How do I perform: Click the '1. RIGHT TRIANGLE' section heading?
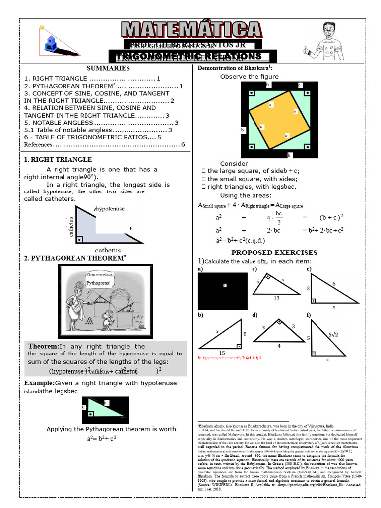pos(58,160)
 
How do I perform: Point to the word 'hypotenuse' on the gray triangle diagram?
pos(113,210)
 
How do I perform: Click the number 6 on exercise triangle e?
pos(334,283)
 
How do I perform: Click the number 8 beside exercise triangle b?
pos(244,334)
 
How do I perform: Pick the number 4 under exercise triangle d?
pos(279,346)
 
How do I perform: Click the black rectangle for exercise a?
pos(222,291)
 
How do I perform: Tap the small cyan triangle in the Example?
pos(101,409)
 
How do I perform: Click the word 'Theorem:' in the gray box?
pos(43,346)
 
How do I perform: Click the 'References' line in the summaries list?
pos(38,145)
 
